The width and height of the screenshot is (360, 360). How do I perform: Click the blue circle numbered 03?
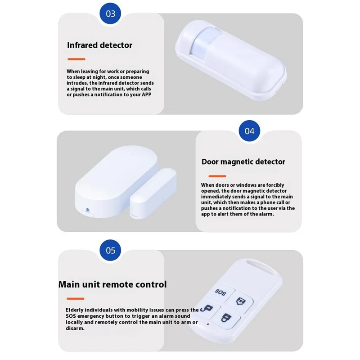click(x=110, y=13)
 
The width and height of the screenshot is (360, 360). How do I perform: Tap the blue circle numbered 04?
click(x=249, y=131)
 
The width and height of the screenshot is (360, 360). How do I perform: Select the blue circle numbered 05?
click(x=110, y=250)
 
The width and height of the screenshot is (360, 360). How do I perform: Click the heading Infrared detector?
click(x=99, y=45)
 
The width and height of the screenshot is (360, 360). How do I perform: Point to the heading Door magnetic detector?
click(x=243, y=162)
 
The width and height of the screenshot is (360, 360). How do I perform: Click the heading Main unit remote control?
click(x=112, y=284)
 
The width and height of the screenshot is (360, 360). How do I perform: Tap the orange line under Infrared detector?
click(x=76, y=59)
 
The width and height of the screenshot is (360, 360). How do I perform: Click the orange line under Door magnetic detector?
click(x=217, y=176)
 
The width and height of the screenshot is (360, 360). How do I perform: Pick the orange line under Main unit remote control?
click(x=75, y=299)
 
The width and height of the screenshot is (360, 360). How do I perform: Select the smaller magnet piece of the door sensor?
click(x=153, y=193)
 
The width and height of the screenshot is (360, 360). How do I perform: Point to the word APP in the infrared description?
click(x=147, y=94)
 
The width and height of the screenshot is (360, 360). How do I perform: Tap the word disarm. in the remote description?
click(x=75, y=328)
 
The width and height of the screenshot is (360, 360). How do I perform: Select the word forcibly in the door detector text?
click(x=275, y=185)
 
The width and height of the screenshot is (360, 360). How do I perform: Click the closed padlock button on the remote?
click(x=226, y=318)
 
